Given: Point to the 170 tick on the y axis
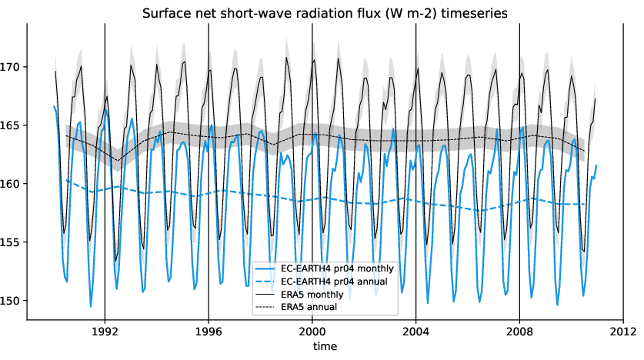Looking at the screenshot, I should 13,67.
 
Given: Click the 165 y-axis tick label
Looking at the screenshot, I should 13,125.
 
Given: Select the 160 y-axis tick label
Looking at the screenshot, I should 13,184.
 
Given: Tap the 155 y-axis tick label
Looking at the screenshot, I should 13,242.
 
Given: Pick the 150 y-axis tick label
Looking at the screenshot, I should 13,301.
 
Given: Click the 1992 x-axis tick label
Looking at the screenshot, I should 105,332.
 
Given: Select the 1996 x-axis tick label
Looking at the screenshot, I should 209,332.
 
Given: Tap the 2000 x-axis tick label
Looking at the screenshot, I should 312,332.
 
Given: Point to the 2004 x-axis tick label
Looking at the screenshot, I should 415,332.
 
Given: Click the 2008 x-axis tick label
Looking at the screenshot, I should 519,332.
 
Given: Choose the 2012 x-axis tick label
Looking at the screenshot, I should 622,332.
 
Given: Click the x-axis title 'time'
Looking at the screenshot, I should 325,347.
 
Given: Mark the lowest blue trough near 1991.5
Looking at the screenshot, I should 91,306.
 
